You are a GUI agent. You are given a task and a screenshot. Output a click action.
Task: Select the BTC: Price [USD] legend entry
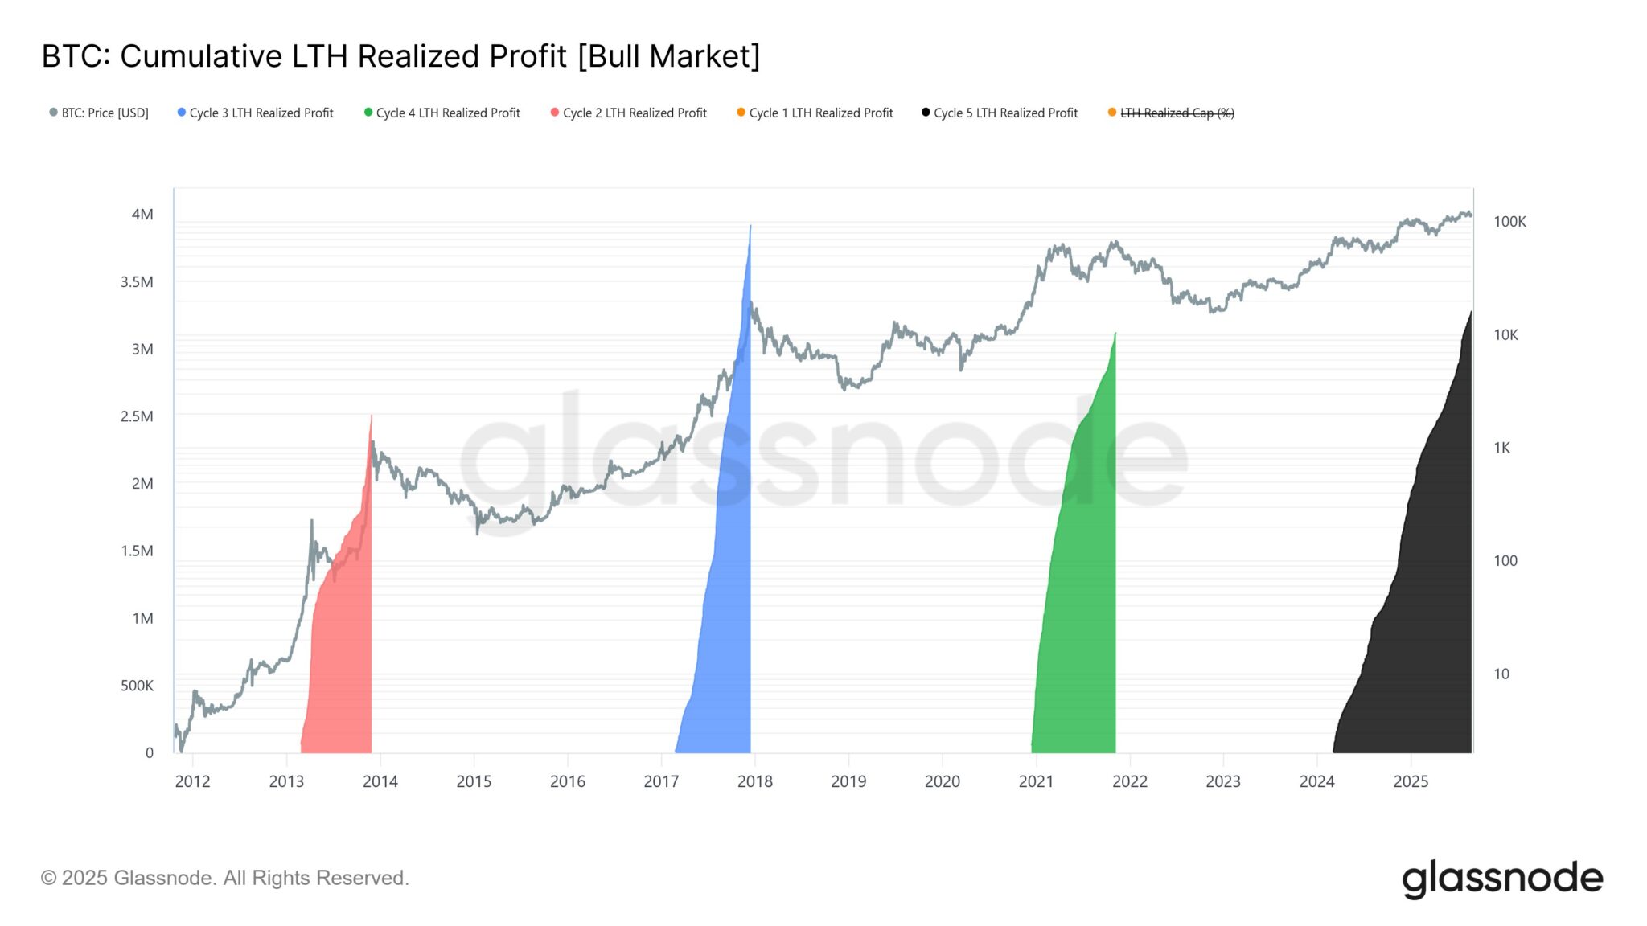[99, 113]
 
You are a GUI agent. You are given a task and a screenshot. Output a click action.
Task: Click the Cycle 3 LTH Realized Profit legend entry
[255, 113]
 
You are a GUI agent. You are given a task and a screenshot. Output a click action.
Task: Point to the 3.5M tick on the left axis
[137, 282]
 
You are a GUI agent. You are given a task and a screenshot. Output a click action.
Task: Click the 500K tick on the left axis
[137, 686]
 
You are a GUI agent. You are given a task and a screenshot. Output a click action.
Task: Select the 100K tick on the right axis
[1509, 222]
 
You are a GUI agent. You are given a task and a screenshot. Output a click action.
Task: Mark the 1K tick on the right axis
[1501, 448]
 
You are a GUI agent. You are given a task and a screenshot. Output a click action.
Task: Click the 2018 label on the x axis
[754, 781]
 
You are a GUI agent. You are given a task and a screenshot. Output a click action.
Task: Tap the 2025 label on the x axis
[1411, 781]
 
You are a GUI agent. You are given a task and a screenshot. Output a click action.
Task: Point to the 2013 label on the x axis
[286, 781]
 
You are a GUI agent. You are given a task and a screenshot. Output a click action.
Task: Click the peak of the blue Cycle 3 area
[750, 227]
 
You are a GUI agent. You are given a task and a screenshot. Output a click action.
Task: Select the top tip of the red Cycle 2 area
[371, 417]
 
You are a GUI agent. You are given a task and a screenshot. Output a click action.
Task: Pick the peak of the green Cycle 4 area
[1115, 334]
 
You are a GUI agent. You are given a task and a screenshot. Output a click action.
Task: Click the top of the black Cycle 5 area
[1471, 313]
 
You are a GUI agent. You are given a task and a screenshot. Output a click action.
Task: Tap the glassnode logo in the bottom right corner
[1501, 879]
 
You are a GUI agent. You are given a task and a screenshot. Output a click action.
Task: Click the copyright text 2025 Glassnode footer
[225, 878]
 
